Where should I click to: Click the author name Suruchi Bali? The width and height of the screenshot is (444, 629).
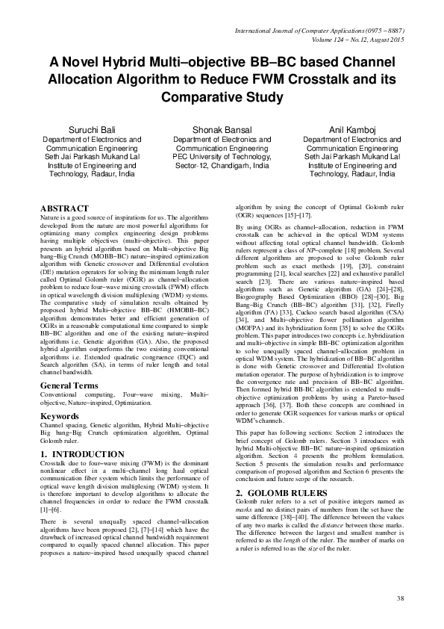[x=92, y=129]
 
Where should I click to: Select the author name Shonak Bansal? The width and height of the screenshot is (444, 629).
[x=221, y=129]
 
